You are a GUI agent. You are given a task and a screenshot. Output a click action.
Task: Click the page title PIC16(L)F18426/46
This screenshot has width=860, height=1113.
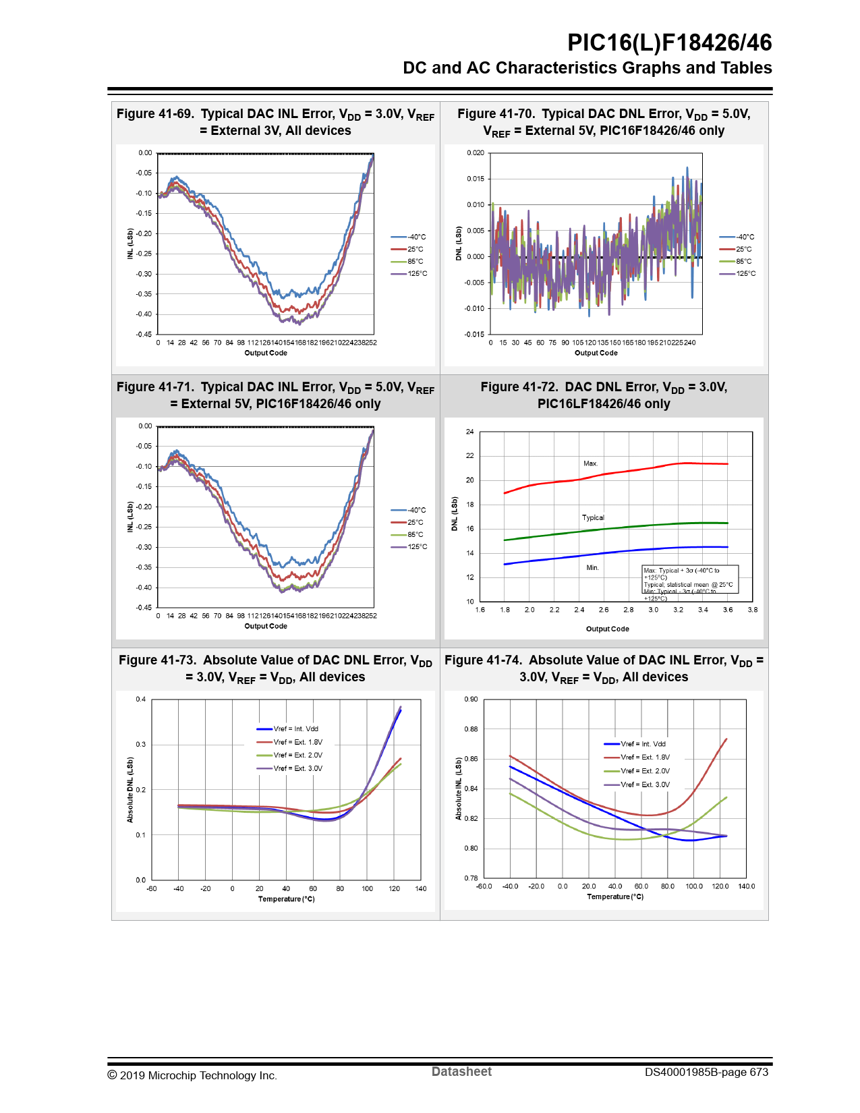pyautogui.click(x=669, y=42)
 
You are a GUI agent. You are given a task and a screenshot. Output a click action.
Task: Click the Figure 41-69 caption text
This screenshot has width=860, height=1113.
pyautogui.click(x=275, y=122)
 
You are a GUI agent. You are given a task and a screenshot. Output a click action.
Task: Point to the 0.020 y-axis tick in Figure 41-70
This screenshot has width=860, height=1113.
pyautogui.click(x=476, y=153)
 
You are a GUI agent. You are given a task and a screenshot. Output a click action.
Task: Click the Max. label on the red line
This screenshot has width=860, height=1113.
pyautogui.click(x=591, y=463)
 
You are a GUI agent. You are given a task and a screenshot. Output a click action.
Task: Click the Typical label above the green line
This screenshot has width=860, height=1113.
pyautogui.click(x=593, y=517)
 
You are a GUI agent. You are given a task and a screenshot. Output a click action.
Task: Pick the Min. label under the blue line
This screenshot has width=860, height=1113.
pyautogui.click(x=592, y=567)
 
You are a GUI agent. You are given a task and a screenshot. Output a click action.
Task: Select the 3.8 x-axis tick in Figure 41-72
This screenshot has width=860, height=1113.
pyautogui.click(x=753, y=610)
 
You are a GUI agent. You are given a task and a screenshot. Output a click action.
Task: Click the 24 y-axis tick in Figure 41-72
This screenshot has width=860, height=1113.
pyautogui.click(x=470, y=432)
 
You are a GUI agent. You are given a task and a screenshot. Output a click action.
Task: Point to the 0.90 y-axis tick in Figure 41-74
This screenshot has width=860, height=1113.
pyautogui.click(x=471, y=700)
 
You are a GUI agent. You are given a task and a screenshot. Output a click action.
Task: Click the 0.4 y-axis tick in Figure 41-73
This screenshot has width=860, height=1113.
pyautogui.click(x=141, y=700)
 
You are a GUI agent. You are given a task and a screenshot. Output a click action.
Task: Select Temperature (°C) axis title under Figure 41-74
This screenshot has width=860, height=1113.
pyautogui.click(x=615, y=896)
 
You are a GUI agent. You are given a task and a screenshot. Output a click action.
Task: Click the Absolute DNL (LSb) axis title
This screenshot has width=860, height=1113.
pyautogui.click(x=130, y=790)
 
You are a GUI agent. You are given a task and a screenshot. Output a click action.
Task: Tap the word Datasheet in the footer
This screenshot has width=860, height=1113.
pyautogui.click(x=461, y=1072)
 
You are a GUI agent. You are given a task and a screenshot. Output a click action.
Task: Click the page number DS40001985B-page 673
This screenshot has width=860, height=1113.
pyautogui.click(x=706, y=1073)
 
